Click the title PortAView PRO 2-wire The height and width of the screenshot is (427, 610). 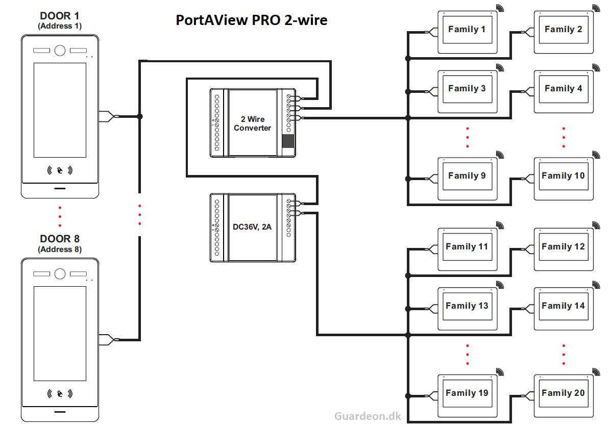[251, 20]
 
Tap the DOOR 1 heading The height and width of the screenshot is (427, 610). [60, 16]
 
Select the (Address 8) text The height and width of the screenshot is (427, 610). [60, 249]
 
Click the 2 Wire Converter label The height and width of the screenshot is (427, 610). [253, 123]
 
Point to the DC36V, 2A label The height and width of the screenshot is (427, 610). [252, 227]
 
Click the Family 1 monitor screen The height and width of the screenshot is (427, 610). [467, 30]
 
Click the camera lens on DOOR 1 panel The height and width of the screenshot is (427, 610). [60, 51]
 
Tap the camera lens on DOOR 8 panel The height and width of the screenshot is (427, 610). [60, 273]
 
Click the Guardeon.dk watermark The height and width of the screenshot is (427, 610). [368, 416]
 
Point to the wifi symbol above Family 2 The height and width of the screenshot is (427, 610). [595, 8]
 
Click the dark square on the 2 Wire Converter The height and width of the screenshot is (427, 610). [288, 141]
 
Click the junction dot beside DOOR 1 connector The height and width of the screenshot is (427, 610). [140, 116]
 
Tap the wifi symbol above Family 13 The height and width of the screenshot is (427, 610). [499, 285]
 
